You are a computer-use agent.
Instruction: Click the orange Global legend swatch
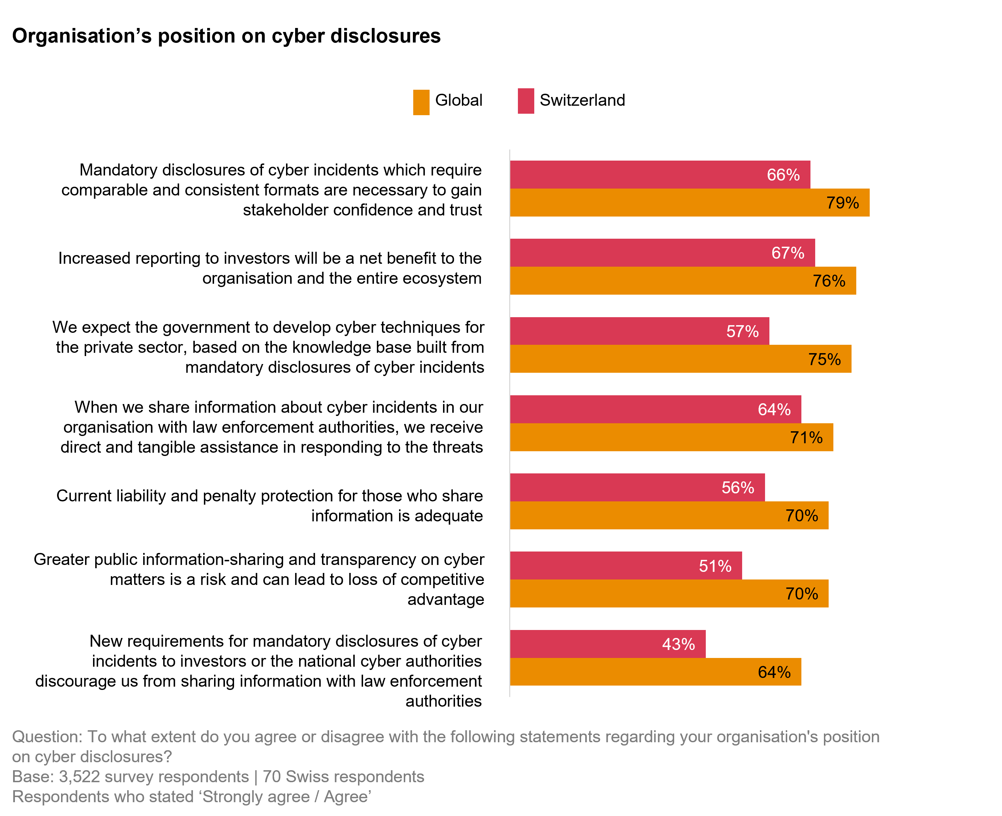click(x=421, y=102)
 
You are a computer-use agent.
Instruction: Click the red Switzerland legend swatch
click(x=526, y=101)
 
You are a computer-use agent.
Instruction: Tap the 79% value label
click(x=842, y=203)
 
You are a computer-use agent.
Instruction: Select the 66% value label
click(x=783, y=175)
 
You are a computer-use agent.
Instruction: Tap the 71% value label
click(x=806, y=438)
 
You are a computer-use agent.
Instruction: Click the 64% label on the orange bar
click(x=774, y=672)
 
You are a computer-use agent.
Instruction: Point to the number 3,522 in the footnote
click(x=79, y=776)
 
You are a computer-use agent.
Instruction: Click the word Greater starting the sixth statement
click(x=61, y=560)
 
